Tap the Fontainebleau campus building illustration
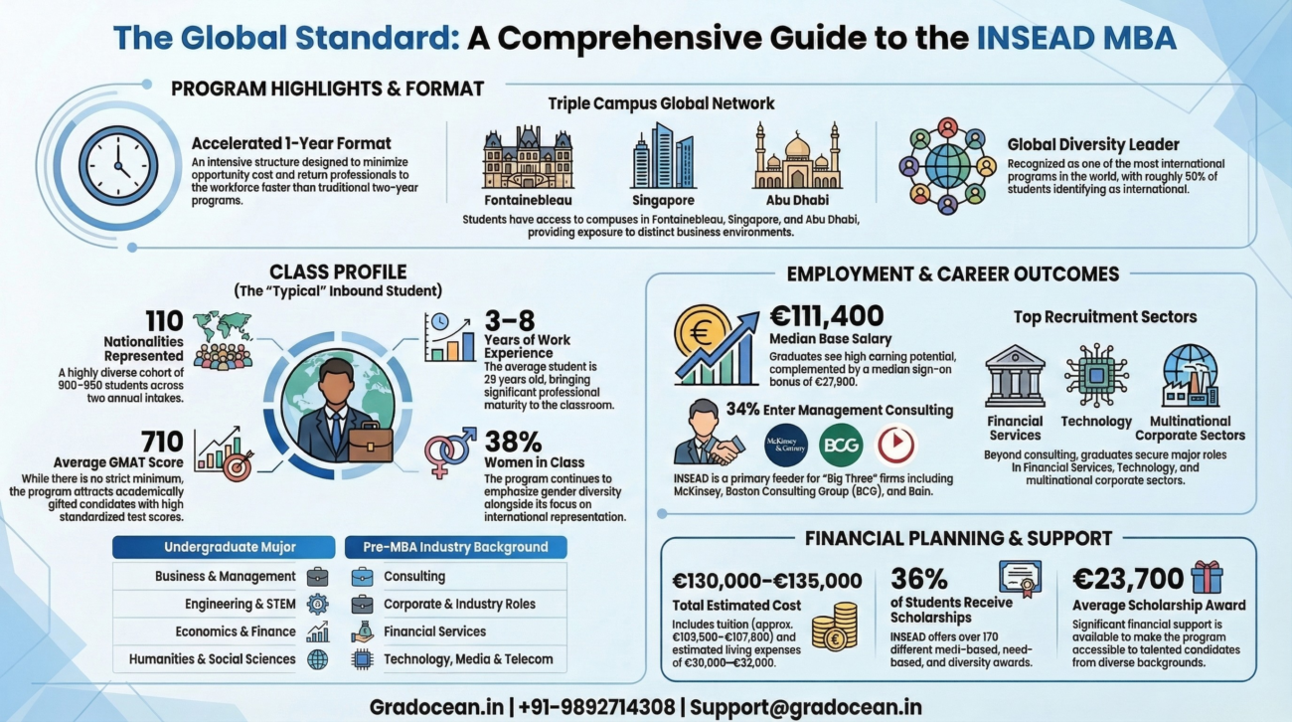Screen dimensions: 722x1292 point(528,156)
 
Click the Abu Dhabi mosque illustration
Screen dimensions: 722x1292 point(797,157)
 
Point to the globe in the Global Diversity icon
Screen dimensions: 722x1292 point(946,166)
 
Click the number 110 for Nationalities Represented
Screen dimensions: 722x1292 point(163,321)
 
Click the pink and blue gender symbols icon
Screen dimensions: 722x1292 point(449,452)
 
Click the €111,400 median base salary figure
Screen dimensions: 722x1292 point(827,316)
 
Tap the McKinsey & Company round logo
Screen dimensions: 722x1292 point(786,445)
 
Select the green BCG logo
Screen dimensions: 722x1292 point(840,445)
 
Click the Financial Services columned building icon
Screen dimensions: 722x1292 point(1015,376)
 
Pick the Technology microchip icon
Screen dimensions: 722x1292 point(1094,376)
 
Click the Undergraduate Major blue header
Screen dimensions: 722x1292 point(223,547)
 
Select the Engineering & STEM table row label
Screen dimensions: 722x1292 point(240,604)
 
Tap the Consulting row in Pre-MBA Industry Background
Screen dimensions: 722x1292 point(414,576)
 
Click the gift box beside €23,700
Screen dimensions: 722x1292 point(1207,577)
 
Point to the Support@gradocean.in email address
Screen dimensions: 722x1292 point(805,707)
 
